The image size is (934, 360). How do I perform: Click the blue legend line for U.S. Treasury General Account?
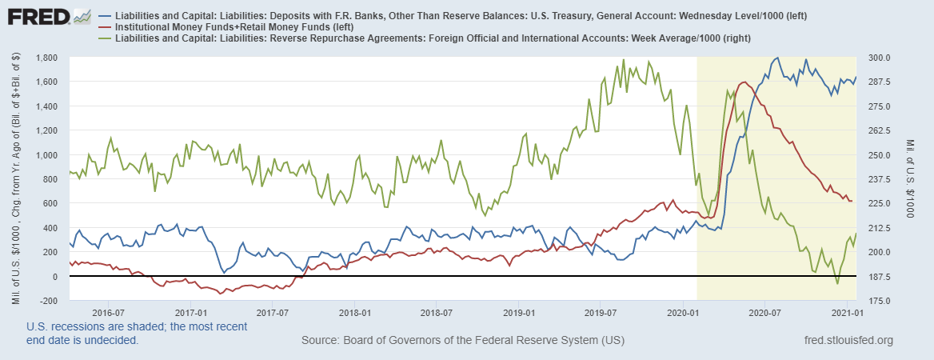click(106, 15)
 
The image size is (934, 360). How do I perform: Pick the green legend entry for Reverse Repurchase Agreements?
click(106, 38)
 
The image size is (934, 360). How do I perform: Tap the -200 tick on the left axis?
click(50, 301)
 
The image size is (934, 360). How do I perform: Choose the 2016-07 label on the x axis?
click(110, 312)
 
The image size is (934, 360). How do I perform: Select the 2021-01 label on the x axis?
click(844, 312)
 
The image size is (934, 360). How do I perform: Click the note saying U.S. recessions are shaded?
click(137, 326)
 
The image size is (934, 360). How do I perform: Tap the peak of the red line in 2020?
click(744, 82)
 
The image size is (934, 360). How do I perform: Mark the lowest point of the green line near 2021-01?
click(837, 284)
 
